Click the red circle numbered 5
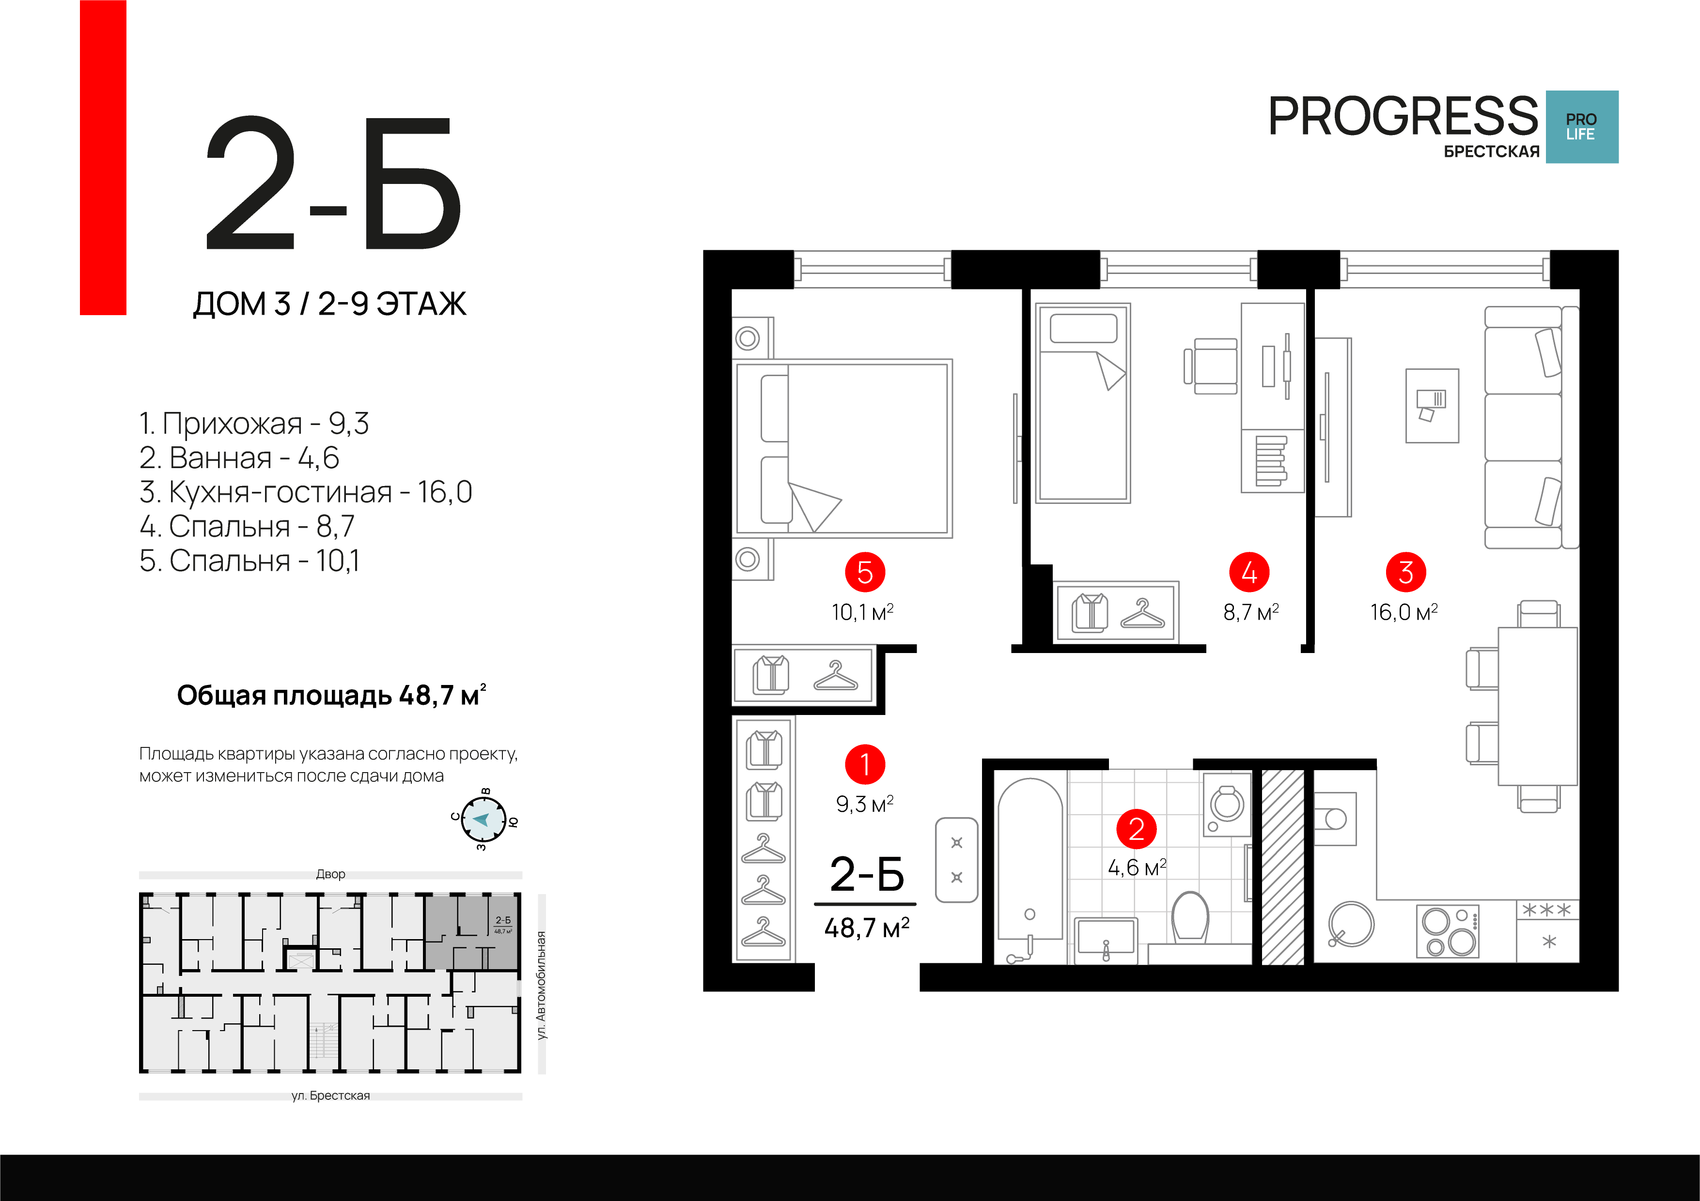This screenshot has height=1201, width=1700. pos(865,572)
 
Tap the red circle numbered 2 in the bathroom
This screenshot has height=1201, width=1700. pos(1137,829)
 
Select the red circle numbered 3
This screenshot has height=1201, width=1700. pos(1406,572)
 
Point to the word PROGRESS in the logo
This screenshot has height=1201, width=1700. pos(1403,116)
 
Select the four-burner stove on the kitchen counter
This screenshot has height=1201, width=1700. pos(1448,931)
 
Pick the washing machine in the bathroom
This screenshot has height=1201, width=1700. pos(1227,805)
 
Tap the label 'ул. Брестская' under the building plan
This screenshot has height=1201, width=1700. pos(330,1095)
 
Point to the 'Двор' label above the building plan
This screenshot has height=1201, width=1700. pos(330,874)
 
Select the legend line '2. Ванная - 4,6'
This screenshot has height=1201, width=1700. pos(239,458)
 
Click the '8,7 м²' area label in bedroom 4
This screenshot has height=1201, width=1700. pos(1251,612)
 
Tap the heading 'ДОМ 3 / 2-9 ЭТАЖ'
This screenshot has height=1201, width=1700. pos(329,304)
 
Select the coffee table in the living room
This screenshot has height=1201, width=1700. pos(1432,406)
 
